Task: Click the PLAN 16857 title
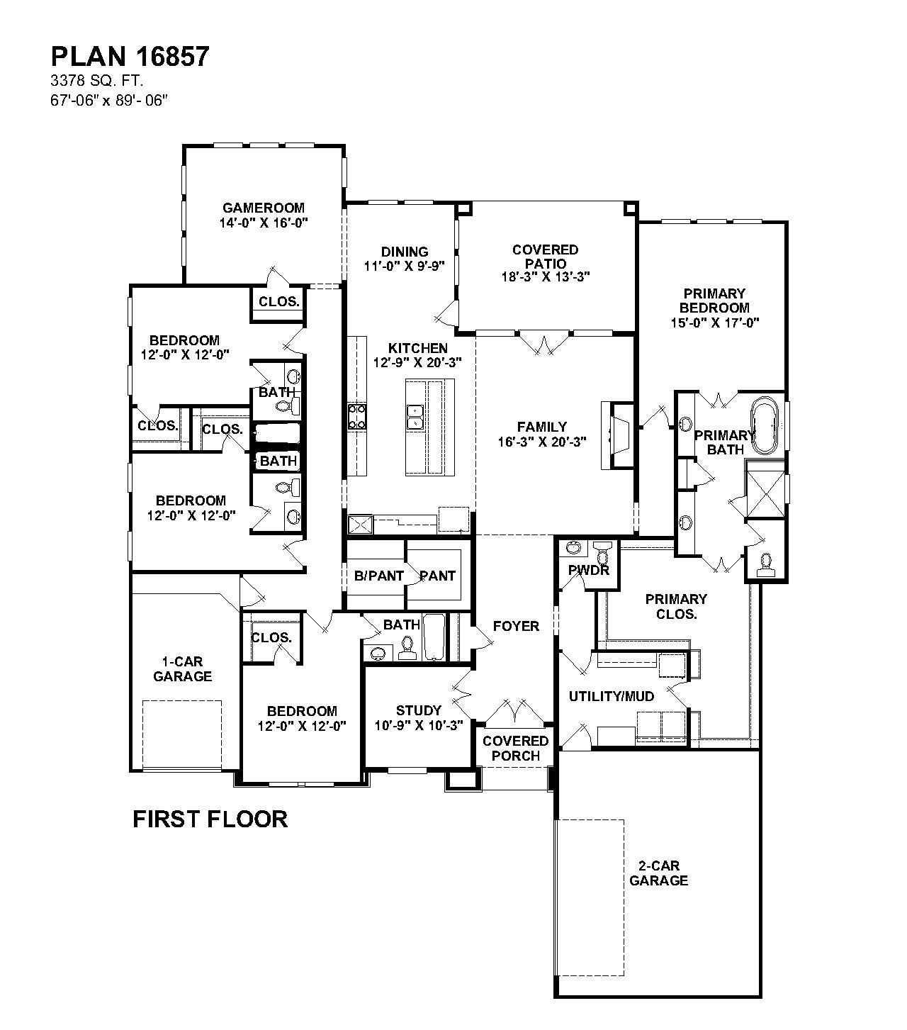[130, 57]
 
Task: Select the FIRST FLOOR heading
[210, 819]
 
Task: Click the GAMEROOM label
[264, 208]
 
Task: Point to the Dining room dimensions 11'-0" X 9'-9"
[405, 267]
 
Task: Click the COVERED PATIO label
[545, 256]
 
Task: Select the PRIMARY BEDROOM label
[714, 301]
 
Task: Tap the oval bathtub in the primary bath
[764, 427]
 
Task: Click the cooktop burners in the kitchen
[356, 417]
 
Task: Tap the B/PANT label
[378, 576]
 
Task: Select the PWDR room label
[588, 570]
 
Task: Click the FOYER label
[516, 626]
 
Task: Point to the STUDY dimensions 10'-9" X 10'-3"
[418, 725]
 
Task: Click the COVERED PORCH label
[516, 748]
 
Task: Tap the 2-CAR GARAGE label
[658, 873]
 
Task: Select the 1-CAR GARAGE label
[182, 669]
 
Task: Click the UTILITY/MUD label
[611, 696]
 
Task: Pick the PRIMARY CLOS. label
[676, 606]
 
